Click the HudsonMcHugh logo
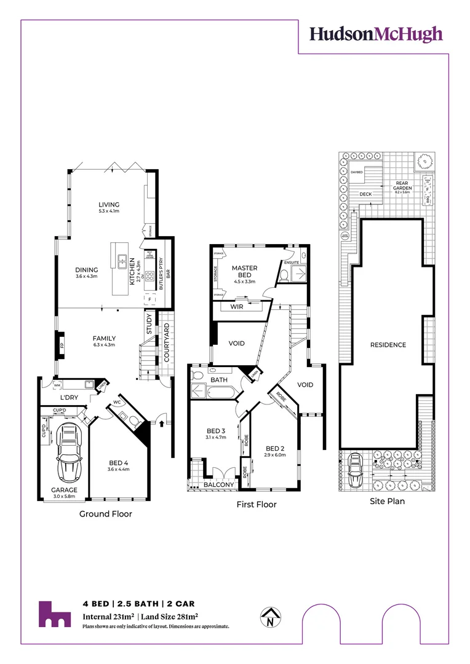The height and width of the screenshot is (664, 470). (376, 34)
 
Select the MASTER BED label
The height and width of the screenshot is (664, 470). (244, 271)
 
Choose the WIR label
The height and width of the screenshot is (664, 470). (236, 306)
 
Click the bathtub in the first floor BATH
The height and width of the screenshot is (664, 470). (219, 390)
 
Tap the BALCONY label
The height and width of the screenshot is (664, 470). (218, 485)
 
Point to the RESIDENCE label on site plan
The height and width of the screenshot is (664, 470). (388, 345)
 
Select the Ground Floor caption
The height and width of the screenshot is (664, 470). (106, 514)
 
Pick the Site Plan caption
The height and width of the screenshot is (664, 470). (387, 501)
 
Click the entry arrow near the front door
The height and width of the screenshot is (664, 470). (162, 423)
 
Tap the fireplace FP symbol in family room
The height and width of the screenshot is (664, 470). (62, 343)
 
